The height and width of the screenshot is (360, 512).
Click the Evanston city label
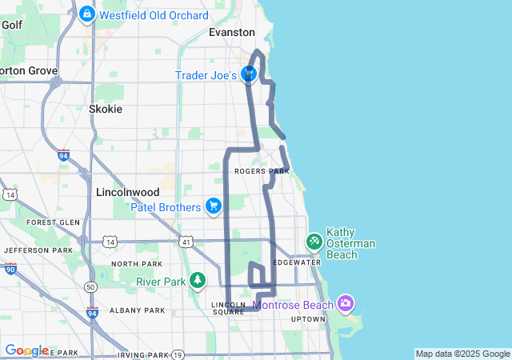click(x=231, y=33)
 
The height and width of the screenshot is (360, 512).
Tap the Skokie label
click(x=106, y=109)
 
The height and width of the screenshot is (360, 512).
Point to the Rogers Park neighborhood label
click(x=262, y=171)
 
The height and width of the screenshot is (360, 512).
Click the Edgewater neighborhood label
click(x=296, y=262)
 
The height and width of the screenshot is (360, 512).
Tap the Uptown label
click(x=308, y=319)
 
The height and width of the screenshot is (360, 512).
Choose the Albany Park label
click(x=140, y=310)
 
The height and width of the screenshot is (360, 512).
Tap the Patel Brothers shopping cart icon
click(x=213, y=207)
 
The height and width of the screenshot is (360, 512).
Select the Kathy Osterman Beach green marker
click(x=314, y=240)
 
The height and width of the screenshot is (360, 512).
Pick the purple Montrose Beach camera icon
click(x=346, y=303)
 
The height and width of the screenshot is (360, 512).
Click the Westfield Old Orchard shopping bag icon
click(x=87, y=14)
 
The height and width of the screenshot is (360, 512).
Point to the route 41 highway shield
click(x=185, y=241)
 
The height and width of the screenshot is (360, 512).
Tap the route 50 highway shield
click(x=91, y=286)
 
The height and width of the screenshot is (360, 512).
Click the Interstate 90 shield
click(x=10, y=269)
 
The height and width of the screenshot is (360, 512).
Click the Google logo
click(x=26, y=350)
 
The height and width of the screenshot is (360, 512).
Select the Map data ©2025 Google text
click(x=462, y=354)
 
